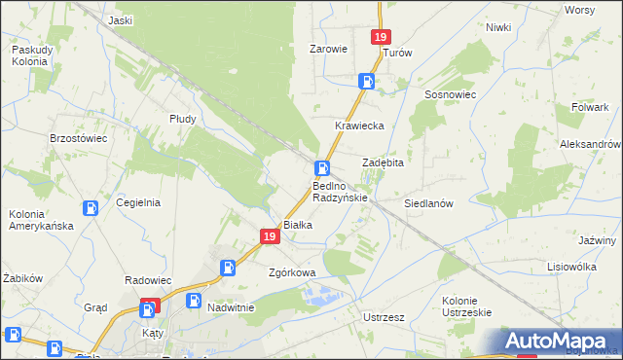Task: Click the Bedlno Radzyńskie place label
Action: [340, 191]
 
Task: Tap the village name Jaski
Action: [121, 20]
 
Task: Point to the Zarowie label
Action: [328, 49]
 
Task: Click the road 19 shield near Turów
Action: [381, 37]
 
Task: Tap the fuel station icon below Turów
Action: [367, 82]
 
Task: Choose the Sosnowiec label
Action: [449, 94]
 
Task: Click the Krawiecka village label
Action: [360, 126]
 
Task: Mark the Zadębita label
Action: [383, 162]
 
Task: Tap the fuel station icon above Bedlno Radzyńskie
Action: [320, 168]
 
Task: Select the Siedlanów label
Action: [429, 204]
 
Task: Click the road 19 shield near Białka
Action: [270, 235]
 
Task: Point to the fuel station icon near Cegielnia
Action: [90, 207]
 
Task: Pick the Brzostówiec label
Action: [78, 138]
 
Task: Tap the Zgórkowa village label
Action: [292, 272]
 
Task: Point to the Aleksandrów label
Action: [590, 143]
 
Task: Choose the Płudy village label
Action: [182, 119]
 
